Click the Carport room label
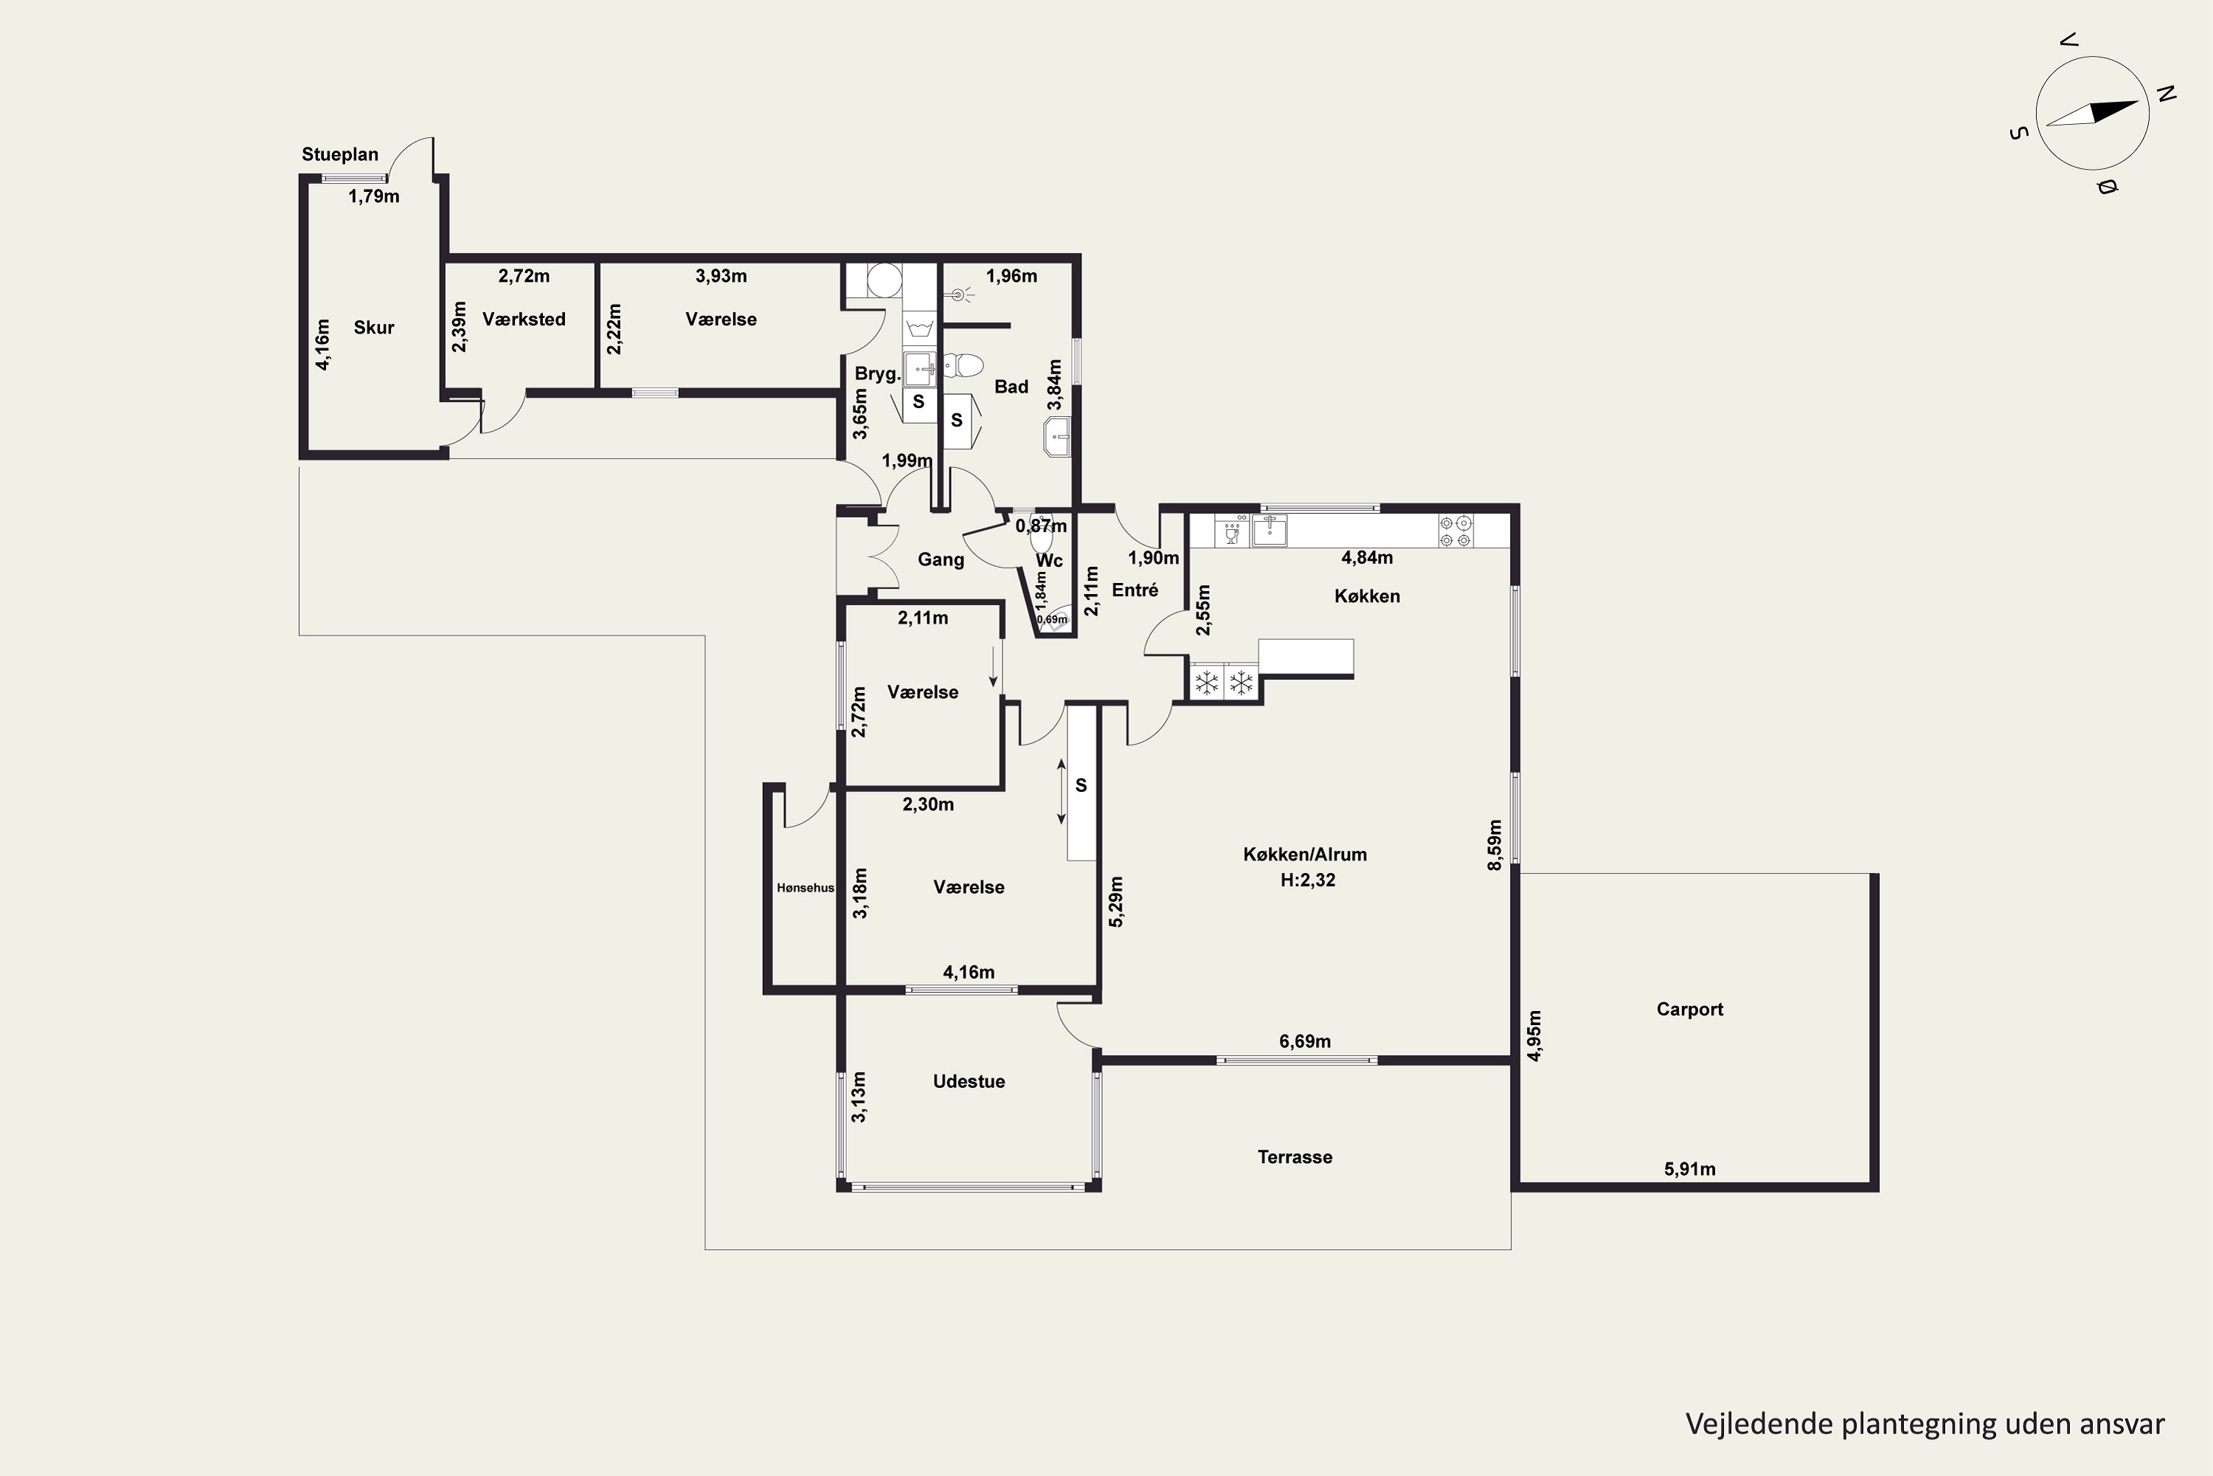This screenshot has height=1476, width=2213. [x=1690, y=1009]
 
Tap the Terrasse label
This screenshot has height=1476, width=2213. [x=1295, y=1157]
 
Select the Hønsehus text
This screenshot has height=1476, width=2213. [x=806, y=888]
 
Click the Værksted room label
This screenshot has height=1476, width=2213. [x=524, y=319]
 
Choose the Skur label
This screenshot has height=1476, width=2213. [x=373, y=328]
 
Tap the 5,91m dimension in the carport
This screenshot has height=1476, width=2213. [x=1690, y=1169]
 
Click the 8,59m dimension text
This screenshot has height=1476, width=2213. [x=1495, y=844]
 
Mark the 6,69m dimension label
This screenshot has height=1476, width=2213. [x=1305, y=1041]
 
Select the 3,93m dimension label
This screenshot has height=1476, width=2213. [x=721, y=276]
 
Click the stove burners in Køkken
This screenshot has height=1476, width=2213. [x=1455, y=531]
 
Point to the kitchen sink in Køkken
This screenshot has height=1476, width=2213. [x=1270, y=531]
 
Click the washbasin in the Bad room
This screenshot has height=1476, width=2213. [x=1058, y=437]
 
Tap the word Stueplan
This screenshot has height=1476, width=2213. [x=339, y=154]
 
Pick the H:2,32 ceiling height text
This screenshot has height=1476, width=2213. [x=1307, y=880]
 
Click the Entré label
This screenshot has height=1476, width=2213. [x=1135, y=590]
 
